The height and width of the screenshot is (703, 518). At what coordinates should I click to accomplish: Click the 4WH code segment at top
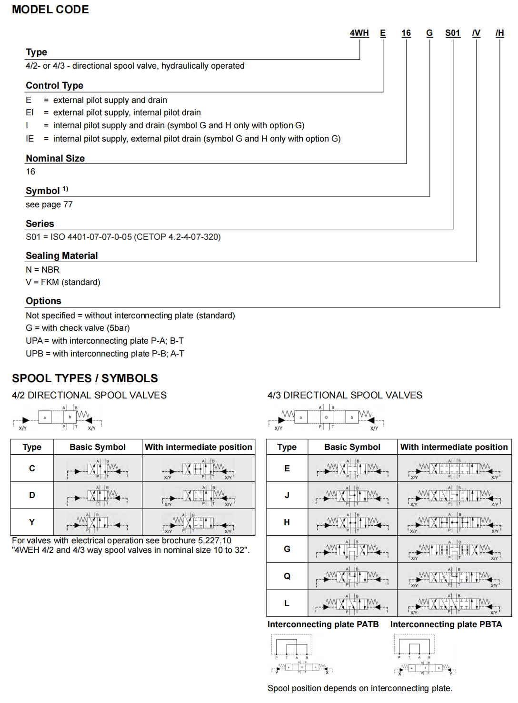tap(359, 33)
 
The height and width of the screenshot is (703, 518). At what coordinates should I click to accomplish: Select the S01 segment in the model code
tap(452, 33)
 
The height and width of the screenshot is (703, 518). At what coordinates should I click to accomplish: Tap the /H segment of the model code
tap(499, 33)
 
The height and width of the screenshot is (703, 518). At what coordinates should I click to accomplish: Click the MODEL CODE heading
tap(50, 10)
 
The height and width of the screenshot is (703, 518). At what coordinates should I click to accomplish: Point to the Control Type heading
tap(54, 85)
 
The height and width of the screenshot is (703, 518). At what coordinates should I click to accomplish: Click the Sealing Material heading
tap(61, 255)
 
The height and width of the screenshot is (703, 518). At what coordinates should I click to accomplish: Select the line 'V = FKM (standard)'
tap(63, 282)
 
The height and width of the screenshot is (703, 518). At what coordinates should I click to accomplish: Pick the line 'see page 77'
tap(49, 204)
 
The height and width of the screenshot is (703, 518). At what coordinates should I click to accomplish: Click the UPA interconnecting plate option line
tap(105, 341)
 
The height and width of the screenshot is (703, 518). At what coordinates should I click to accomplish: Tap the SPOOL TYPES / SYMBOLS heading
tap(85, 378)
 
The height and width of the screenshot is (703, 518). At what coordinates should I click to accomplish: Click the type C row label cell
tap(32, 469)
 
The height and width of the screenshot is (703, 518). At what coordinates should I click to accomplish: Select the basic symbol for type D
tap(98, 495)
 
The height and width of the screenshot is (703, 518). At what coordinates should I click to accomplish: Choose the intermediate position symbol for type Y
tap(199, 522)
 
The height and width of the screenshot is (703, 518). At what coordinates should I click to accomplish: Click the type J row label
tap(287, 495)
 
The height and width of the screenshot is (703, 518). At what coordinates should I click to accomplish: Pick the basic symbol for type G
tap(352, 549)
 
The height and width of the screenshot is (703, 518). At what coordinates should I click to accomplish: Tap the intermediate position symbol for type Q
tap(454, 576)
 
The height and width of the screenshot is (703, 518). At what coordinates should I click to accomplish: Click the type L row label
tap(287, 603)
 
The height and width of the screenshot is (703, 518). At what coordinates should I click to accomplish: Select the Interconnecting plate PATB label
tap(323, 624)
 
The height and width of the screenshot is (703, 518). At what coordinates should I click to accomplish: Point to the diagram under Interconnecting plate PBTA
tap(424, 655)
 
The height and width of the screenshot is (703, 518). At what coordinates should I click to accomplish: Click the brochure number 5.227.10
tap(213, 540)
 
